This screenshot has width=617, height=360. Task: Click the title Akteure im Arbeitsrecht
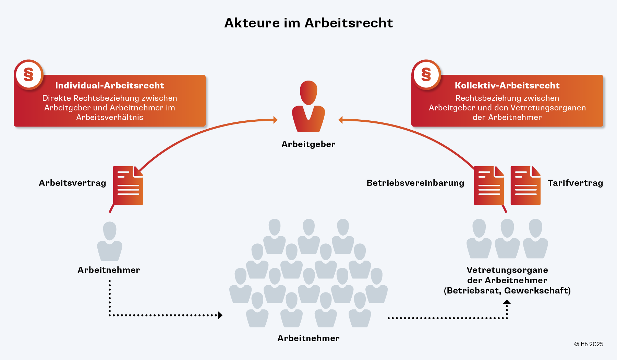pos(308,23)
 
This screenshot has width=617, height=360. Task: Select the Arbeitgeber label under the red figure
pos(308,144)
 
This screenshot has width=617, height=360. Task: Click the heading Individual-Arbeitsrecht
pos(110,85)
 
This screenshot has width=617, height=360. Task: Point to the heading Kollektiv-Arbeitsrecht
pos(507,85)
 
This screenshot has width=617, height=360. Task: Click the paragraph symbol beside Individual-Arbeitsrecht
pos(28,74)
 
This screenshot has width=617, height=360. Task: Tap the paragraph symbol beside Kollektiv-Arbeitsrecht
pos(426,74)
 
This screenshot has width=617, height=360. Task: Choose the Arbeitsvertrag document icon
pos(128,185)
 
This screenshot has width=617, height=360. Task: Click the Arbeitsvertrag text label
pos(72,183)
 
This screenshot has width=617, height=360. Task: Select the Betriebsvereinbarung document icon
pos(489,185)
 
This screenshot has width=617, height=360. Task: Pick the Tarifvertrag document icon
pos(525,185)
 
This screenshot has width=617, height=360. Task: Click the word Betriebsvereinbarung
pos(415,183)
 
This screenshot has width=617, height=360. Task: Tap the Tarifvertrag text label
pos(575,183)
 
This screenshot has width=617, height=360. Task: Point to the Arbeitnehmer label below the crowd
pos(308,338)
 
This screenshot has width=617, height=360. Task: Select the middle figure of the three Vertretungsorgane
pos(507,239)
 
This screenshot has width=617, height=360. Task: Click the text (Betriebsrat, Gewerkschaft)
pos(507,291)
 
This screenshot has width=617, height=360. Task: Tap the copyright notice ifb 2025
pos(589,344)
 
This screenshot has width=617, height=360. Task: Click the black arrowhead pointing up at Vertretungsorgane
pos(507,302)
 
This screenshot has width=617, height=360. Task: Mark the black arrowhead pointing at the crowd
pos(220,315)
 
